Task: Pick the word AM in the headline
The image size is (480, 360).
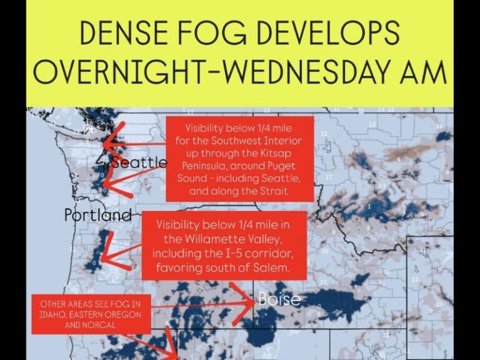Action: click(424, 73)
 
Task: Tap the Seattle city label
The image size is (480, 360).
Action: click(138, 163)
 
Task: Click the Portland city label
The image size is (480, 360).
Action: click(98, 216)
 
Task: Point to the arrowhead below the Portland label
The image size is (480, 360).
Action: click(105, 257)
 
